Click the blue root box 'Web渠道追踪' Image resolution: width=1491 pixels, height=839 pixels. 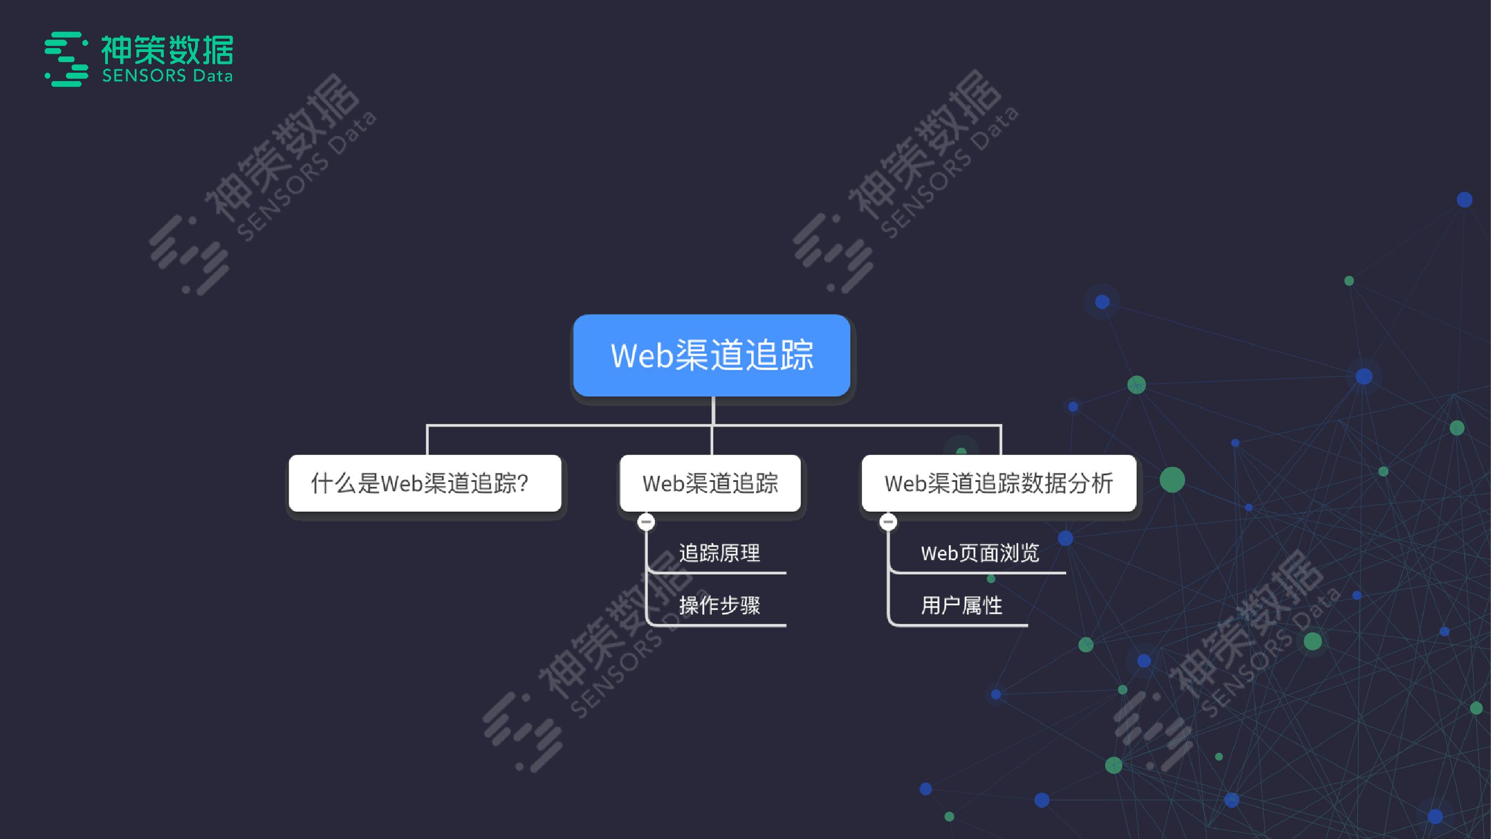(x=711, y=355)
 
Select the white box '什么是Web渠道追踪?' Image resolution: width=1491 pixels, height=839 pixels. (x=425, y=483)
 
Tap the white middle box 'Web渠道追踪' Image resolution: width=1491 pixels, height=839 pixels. (x=710, y=483)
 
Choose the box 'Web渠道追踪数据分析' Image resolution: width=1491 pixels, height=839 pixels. (x=998, y=483)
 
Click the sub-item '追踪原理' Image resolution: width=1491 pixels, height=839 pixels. (x=719, y=553)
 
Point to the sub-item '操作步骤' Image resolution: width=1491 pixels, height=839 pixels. (x=719, y=605)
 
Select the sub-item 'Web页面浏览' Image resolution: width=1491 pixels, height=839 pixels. (x=979, y=553)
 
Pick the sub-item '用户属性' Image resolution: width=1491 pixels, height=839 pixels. (x=962, y=605)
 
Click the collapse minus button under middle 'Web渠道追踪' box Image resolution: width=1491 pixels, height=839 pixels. (x=646, y=522)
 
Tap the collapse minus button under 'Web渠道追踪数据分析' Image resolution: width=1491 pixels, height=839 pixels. (x=888, y=522)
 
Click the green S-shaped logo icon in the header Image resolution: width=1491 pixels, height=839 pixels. (x=67, y=59)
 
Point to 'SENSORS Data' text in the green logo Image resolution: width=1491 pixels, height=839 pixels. (x=167, y=76)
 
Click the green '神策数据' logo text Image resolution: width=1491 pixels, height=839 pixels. (x=167, y=50)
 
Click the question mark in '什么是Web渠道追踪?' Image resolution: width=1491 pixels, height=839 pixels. (x=522, y=483)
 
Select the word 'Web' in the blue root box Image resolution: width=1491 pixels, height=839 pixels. (x=642, y=355)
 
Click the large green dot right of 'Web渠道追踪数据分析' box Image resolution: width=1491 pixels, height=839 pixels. (x=1172, y=479)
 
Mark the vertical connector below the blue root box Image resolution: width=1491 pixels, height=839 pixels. (x=713, y=411)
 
